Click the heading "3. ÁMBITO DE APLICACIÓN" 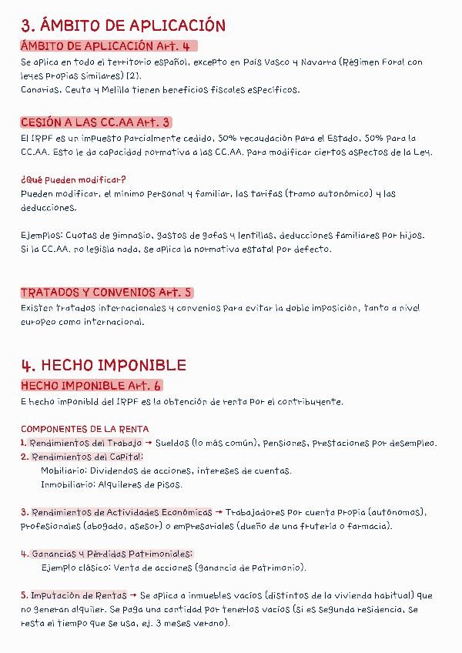pos(123,25)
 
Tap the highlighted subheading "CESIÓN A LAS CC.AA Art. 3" pos(95,122)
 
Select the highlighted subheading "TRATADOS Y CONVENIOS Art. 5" pos(106,293)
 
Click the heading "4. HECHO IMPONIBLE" pos(103,364)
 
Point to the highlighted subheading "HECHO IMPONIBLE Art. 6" pos(91,385)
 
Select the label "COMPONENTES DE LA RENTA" pos(85,429)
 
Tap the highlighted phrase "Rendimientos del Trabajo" pos(85,443)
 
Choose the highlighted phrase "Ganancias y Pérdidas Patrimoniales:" pos(112,554)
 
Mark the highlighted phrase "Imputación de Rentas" pos(79,595)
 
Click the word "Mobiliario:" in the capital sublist pos(64,470)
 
